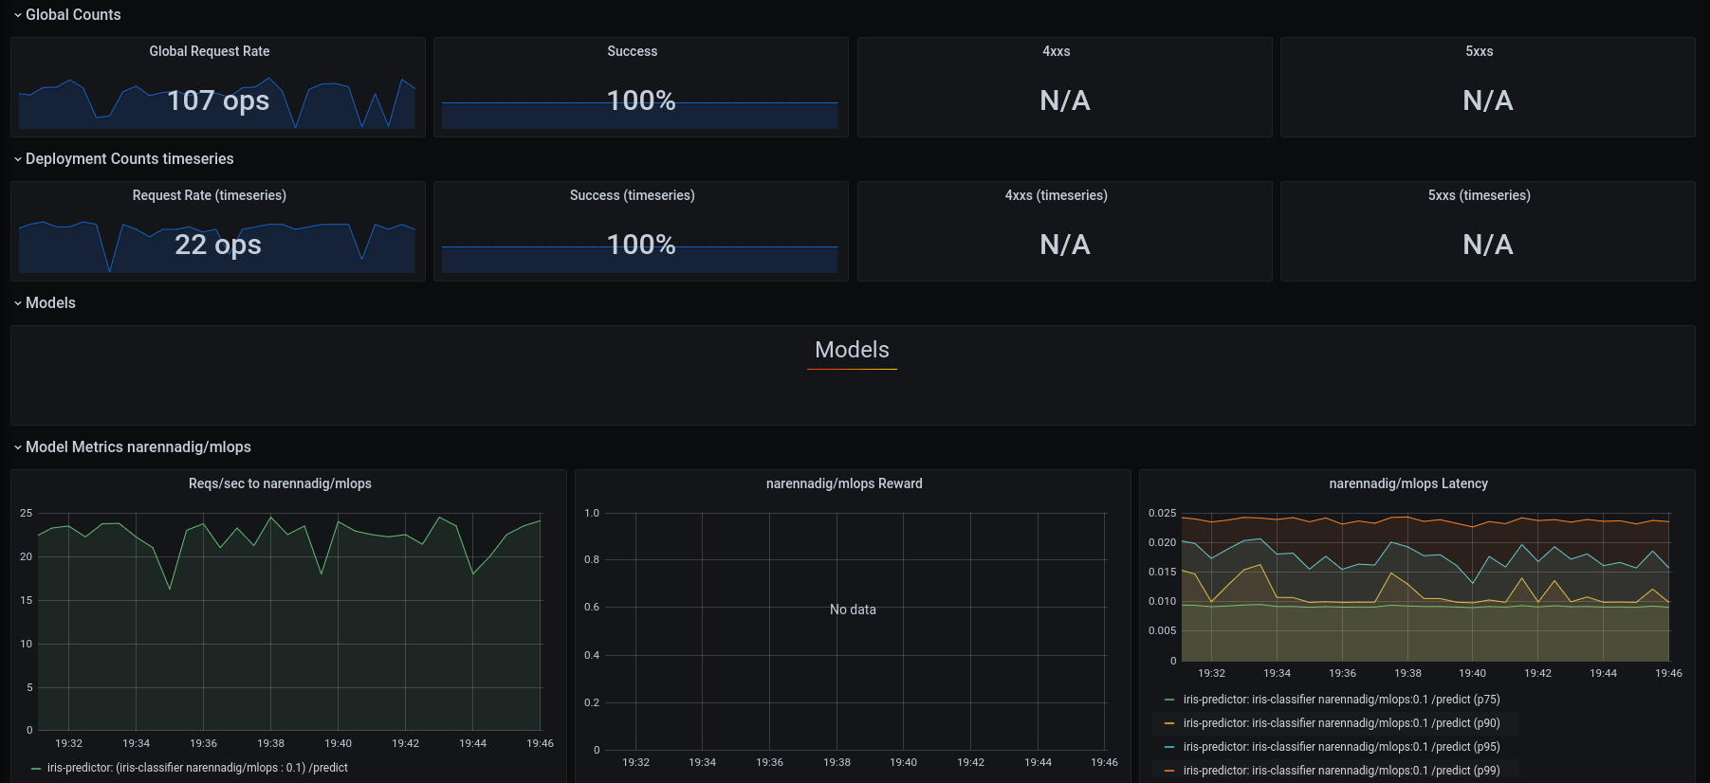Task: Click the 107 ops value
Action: (218, 100)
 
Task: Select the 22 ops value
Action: (218, 245)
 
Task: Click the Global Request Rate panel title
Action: (210, 51)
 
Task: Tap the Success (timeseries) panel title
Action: (632, 195)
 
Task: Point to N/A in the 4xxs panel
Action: (1064, 100)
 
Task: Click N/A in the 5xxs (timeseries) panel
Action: (1487, 245)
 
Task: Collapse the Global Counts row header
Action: (73, 15)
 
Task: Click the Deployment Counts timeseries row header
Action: (129, 159)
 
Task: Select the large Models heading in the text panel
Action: (852, 350)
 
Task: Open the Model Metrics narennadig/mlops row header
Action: (138, 447)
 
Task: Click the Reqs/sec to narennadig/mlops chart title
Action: (280, 483)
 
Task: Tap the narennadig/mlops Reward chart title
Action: (844, 483)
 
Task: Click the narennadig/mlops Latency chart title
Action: (1408, 483)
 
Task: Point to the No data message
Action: (853, 610)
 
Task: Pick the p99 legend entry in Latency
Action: (1341, 771)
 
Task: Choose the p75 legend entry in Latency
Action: (1341, 700)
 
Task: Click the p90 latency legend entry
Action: (1341, 723)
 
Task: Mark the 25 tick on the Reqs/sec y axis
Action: (27, 513)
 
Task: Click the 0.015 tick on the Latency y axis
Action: (1162, 572)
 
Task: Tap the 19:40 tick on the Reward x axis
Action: (903, 762)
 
